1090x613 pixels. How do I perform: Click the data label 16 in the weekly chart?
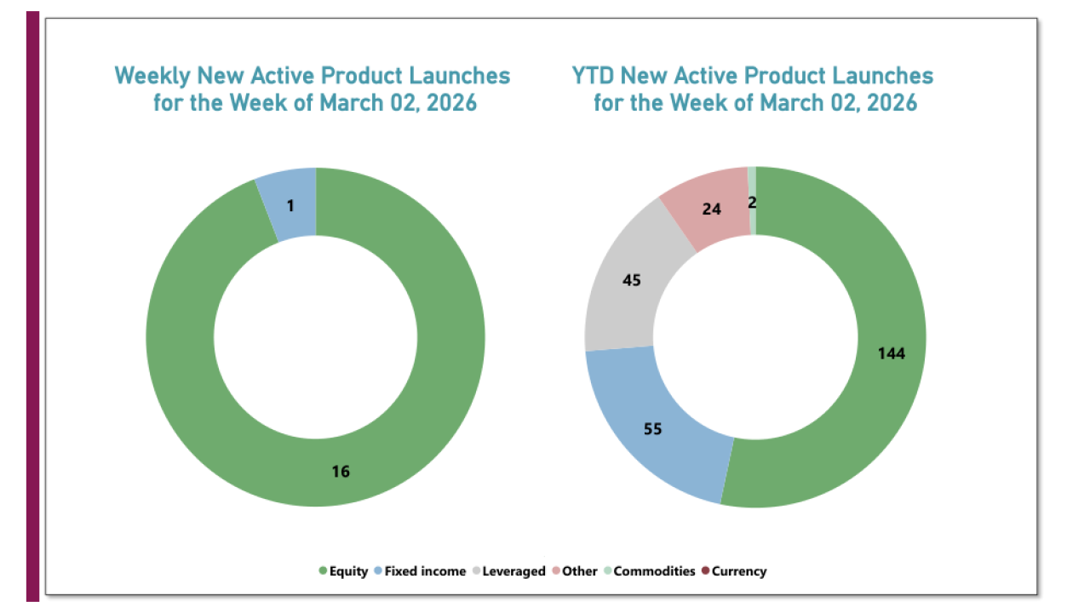[341, 471]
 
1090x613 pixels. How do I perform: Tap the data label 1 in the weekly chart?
[291, 204]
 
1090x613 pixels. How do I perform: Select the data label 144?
[891, 353]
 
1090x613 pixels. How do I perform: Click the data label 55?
[653, 429]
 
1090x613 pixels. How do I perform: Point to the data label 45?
[632, 279]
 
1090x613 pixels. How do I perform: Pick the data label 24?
[710, 208]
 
